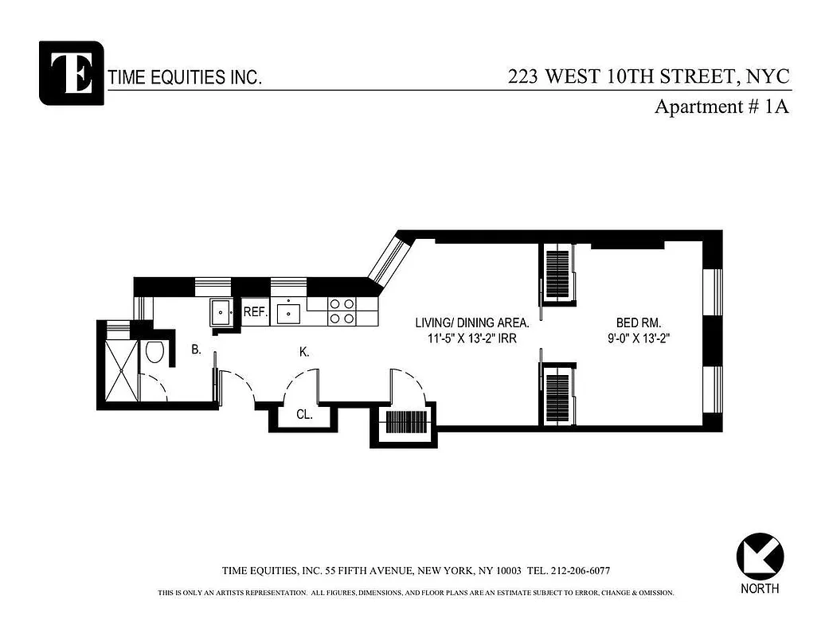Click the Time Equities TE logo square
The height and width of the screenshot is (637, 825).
71,72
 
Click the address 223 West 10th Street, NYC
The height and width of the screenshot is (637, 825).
649,76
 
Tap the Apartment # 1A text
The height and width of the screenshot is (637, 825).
721,107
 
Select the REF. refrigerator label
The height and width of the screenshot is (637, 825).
255,312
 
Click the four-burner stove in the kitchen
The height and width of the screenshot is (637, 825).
342,311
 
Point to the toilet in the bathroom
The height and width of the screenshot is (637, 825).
154,352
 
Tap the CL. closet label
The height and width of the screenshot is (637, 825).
304,415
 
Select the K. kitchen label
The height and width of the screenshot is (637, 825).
304,352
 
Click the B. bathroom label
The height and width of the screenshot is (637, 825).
195,349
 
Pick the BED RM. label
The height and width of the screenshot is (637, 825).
639,323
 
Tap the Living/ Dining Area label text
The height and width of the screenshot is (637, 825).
472,323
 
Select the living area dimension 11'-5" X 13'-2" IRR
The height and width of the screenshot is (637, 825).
472,338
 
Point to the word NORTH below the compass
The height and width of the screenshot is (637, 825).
759,589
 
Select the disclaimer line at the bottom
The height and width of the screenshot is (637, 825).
415,593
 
